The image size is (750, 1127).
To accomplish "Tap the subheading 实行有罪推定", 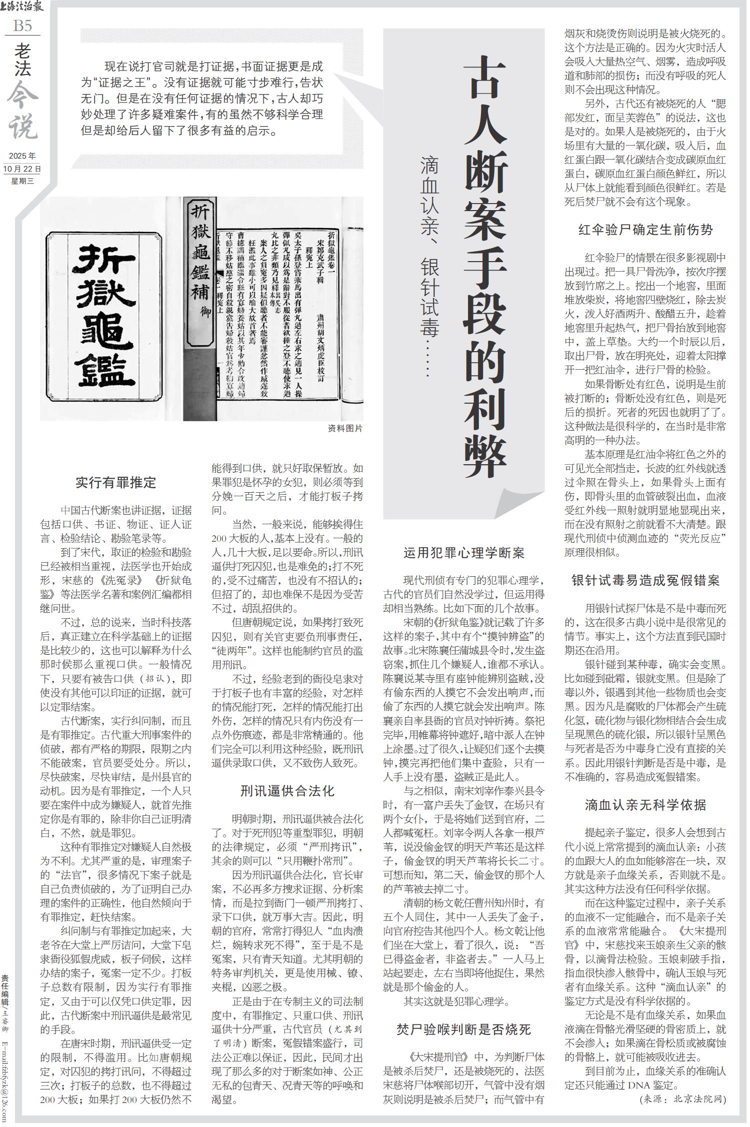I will (116, 483).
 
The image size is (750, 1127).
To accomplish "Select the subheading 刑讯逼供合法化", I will (287, 791).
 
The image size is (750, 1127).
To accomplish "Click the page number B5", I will (22, 26).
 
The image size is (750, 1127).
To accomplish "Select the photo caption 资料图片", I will (345, 428).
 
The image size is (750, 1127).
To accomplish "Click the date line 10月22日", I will (22, 169).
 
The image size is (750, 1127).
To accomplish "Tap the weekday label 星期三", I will (22, 181).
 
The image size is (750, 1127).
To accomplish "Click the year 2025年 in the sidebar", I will (22, 156).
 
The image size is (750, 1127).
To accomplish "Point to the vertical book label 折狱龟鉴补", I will (200, 270).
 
